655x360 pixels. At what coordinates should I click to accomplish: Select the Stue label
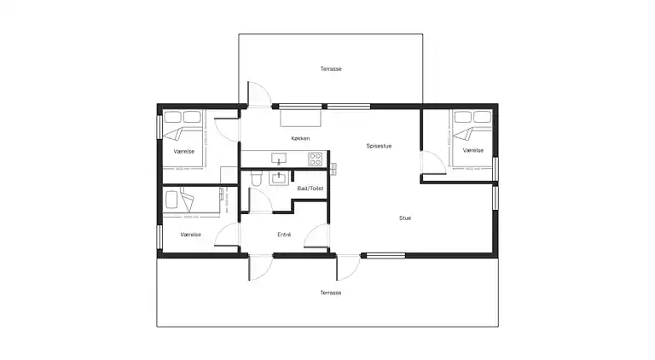point(405,218)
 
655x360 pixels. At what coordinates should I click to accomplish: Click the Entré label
point(284,235)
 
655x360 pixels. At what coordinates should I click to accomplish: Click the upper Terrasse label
point(331,68)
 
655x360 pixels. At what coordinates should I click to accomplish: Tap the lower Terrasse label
point(331,293)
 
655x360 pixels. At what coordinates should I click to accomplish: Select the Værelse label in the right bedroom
point(473,150)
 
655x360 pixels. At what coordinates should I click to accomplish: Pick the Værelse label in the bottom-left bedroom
point(190,235)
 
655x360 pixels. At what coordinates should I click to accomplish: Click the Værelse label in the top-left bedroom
point(184,151)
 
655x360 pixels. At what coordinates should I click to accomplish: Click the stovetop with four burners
point(315,158)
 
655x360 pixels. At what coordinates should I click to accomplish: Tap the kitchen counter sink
point(278,158)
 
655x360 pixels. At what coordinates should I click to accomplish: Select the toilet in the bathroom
point(255,178)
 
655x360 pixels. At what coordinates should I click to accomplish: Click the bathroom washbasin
point(278,178)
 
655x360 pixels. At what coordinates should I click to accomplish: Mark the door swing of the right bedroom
point(431,161)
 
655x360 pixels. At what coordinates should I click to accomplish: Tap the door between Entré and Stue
point(317,237)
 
